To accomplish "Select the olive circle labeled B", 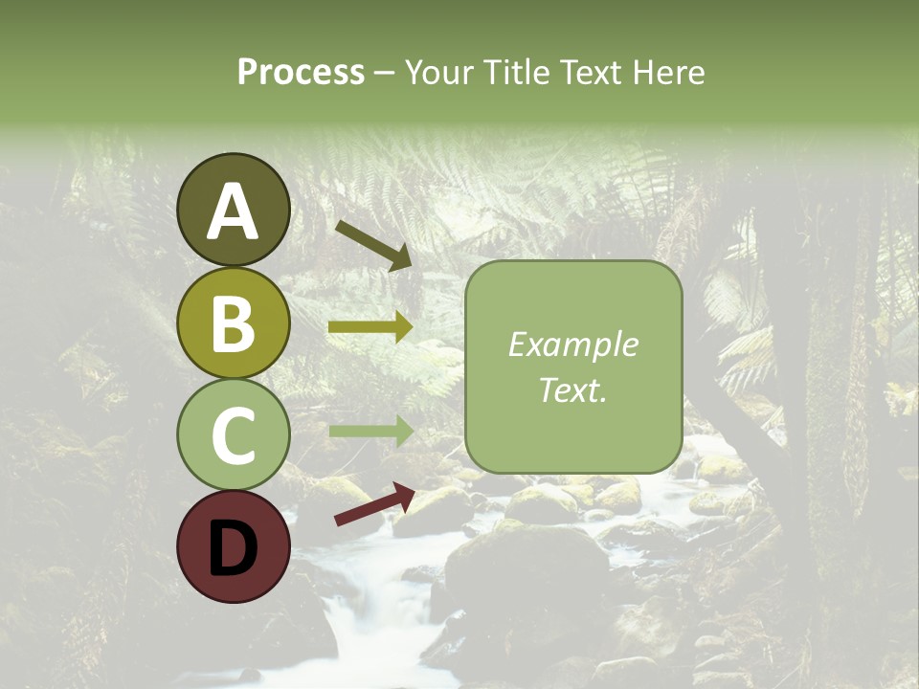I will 233,323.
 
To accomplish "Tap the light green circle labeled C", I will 233,435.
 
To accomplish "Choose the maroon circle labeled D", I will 233,547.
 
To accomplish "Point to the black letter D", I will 233,548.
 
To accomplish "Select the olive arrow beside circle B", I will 370,327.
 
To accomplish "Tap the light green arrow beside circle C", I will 370,432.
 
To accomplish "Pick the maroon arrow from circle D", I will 374,504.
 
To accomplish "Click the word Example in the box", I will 573,344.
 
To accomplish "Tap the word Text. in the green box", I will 573,390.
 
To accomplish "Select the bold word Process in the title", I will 301,72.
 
